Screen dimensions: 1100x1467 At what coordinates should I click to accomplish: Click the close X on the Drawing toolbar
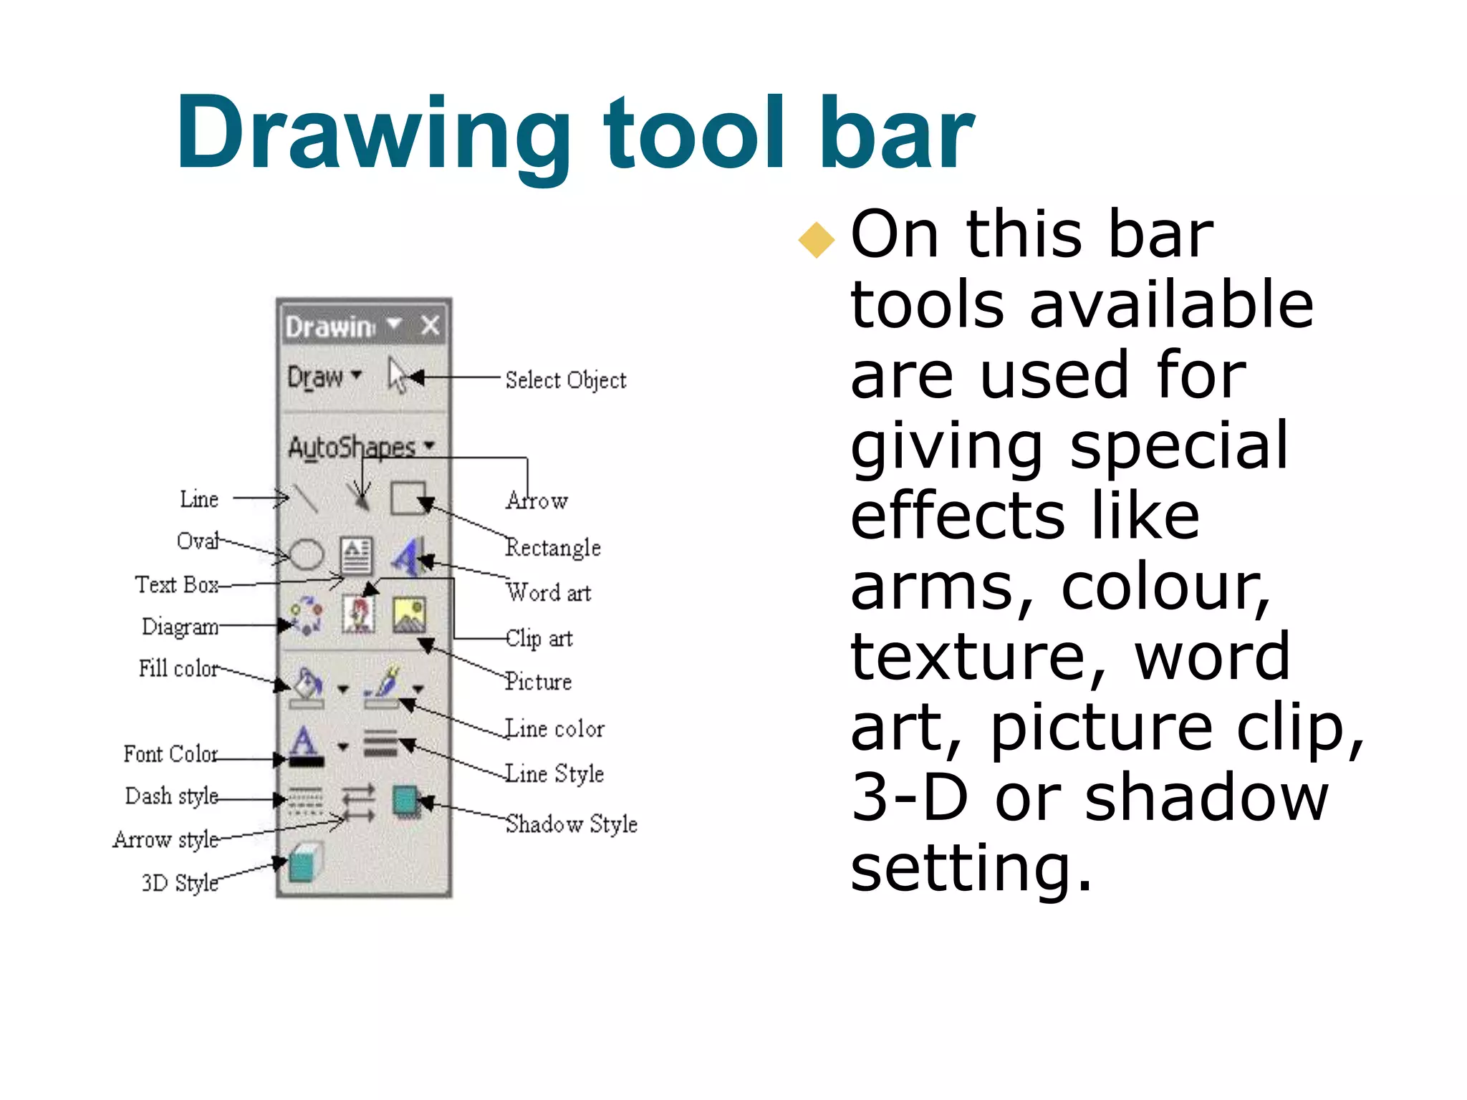point(430,326)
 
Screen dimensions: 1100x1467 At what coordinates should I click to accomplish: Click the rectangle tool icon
point(408,498)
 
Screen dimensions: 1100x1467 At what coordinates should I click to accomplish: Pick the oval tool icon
point(307,555)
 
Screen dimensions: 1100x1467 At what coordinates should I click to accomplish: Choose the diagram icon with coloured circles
point(307,615)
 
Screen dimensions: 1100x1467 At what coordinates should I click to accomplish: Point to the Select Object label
point(565,380)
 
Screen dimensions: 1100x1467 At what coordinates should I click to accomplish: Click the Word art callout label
point(549,593)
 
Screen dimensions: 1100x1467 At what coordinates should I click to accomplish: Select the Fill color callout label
point(178,668)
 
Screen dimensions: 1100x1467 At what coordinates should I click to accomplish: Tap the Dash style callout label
point(172,796)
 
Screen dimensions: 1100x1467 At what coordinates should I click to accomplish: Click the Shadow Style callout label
point(572,824)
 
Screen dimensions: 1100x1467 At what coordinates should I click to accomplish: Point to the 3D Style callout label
point(180,882)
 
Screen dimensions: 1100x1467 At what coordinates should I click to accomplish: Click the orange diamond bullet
point(817,240)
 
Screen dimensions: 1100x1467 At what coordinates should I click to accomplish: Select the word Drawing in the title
point(372,135)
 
